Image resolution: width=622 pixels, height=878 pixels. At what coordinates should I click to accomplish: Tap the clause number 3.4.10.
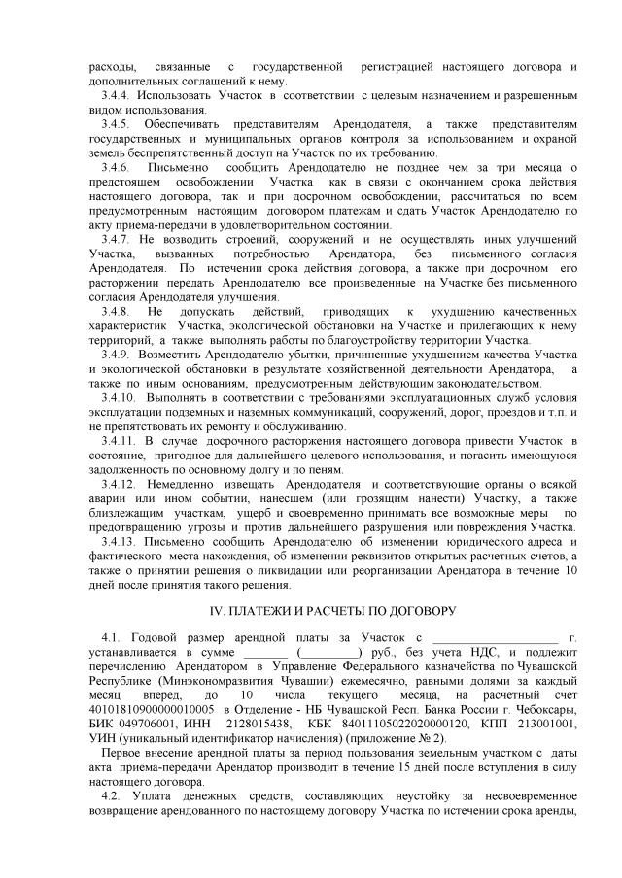[x=118, y=397]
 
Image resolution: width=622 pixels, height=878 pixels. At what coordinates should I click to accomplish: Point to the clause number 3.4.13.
[x=118, y=541]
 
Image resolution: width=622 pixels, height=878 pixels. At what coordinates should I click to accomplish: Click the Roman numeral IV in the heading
[x=219, y=613]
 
